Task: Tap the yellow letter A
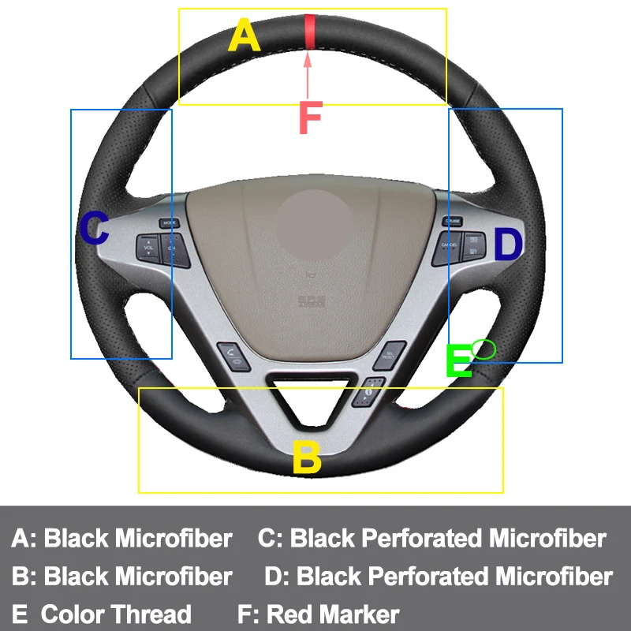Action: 244,36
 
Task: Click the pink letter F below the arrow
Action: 310,117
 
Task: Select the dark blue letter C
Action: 95,230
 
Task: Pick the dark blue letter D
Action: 508,245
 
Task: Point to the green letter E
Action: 458,362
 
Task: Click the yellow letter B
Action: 307,457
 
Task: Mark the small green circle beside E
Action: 484,348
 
